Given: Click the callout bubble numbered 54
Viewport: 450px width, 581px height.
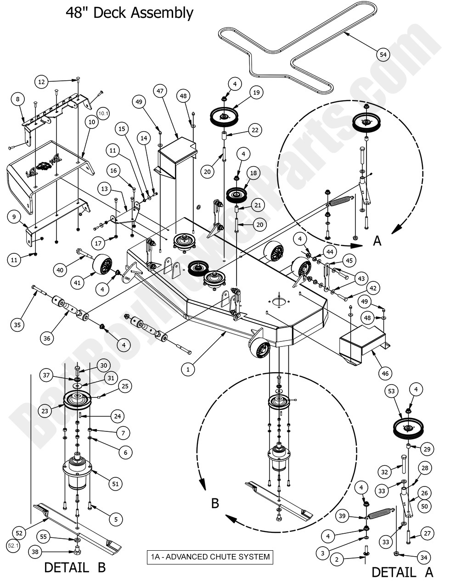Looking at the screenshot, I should pos(383,55).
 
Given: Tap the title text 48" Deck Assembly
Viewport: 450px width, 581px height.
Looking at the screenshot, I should pos(129,13).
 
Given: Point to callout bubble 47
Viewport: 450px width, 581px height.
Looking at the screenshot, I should pos(160,91).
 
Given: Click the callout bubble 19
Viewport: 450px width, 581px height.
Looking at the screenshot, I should pos(256,93).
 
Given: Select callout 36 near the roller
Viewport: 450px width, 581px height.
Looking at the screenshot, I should pos(47,339).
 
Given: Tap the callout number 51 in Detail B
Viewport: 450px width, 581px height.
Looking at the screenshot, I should pos(115,483).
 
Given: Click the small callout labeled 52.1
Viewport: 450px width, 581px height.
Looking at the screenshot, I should pos(13,546).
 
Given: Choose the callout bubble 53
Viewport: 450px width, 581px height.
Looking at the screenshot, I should pos(391,391).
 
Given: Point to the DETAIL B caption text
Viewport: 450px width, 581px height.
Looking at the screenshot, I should pos(75,567).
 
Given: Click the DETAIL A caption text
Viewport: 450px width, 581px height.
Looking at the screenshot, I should pos(402,572).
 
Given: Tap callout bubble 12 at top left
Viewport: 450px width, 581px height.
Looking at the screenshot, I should pos(42,82).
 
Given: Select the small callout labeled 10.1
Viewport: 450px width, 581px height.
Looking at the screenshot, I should pos(103,112).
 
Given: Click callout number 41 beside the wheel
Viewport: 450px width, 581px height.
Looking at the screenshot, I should pos(77,283).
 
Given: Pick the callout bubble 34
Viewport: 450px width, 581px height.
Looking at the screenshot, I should pos(424,557).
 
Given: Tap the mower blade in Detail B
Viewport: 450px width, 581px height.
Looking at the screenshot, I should pos(78,525).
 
